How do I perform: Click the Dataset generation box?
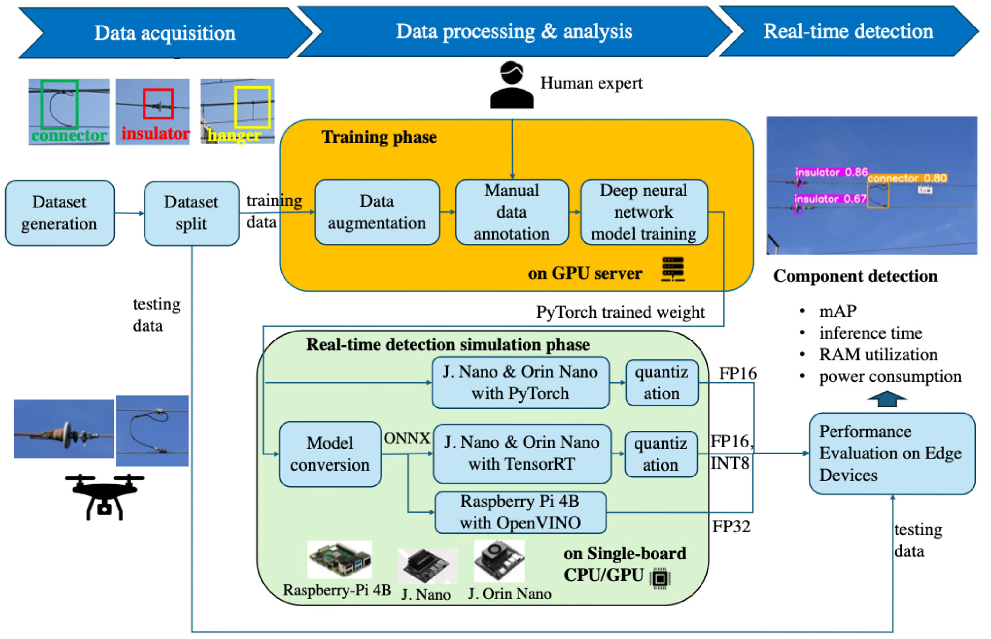[59, 213]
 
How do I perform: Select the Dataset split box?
[191, 213]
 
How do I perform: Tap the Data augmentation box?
[377, 212]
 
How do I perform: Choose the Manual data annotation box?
[512, 212]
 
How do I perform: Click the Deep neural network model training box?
[644, 212]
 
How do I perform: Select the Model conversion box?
[330, 454]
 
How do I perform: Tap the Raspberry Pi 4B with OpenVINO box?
[520, 512]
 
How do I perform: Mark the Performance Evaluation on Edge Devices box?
[892, 453]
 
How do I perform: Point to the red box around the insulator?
[158, 103]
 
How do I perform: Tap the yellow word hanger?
[235, 135]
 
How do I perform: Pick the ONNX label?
[407, 438]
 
